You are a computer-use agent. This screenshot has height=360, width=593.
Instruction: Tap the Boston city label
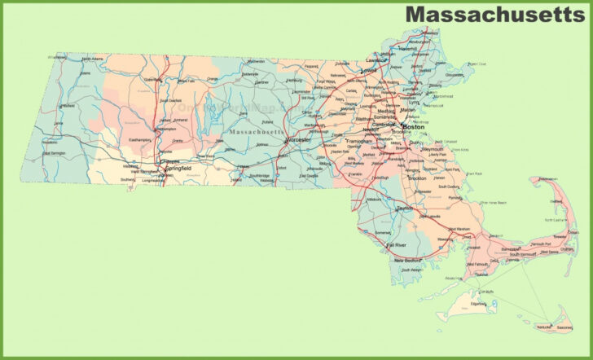point(415,127)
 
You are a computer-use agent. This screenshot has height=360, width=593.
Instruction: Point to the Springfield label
point(178,169)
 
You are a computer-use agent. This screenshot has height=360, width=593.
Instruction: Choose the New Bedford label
point(409,260)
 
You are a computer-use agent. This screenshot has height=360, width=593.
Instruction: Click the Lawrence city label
point(376,60)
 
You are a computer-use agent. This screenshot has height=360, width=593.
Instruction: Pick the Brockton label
point(417,177)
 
